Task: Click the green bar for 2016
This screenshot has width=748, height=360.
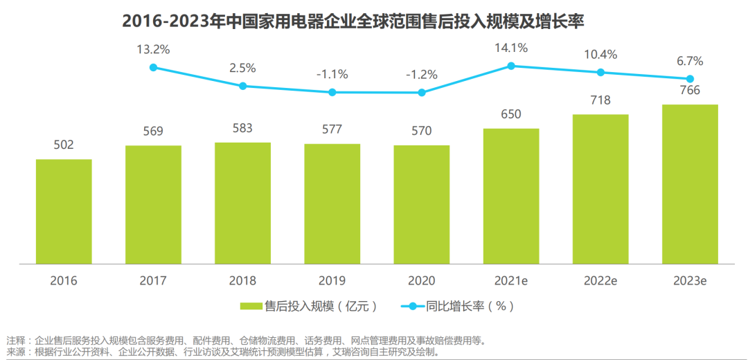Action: (64, 211)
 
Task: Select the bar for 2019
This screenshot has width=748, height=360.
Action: (332, 204)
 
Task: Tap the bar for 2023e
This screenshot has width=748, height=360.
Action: (690, 184)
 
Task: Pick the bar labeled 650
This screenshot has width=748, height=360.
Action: (511, 196)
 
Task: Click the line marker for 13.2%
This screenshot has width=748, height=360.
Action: (154, 67)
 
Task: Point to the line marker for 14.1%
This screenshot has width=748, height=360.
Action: (511, 66)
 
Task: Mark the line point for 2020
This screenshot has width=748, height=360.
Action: (422, 92)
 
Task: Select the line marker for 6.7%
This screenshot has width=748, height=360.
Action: (690, 79)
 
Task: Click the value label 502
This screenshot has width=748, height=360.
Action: (64, 145)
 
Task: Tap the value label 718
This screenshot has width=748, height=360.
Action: (600, 100)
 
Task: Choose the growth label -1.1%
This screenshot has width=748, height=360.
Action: (332, 74)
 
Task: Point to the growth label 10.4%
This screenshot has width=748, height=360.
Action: (600, 55)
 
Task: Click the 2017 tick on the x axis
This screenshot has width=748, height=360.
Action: (153, 280)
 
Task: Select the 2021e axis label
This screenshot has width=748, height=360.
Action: (511, 280)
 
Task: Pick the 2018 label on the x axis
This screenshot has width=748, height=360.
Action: (242, 280)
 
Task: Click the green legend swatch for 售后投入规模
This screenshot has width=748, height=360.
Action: (249, 305)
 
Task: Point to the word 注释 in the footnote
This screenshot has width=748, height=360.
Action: (15, 341)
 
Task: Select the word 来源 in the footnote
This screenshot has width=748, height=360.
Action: (15, 352)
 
